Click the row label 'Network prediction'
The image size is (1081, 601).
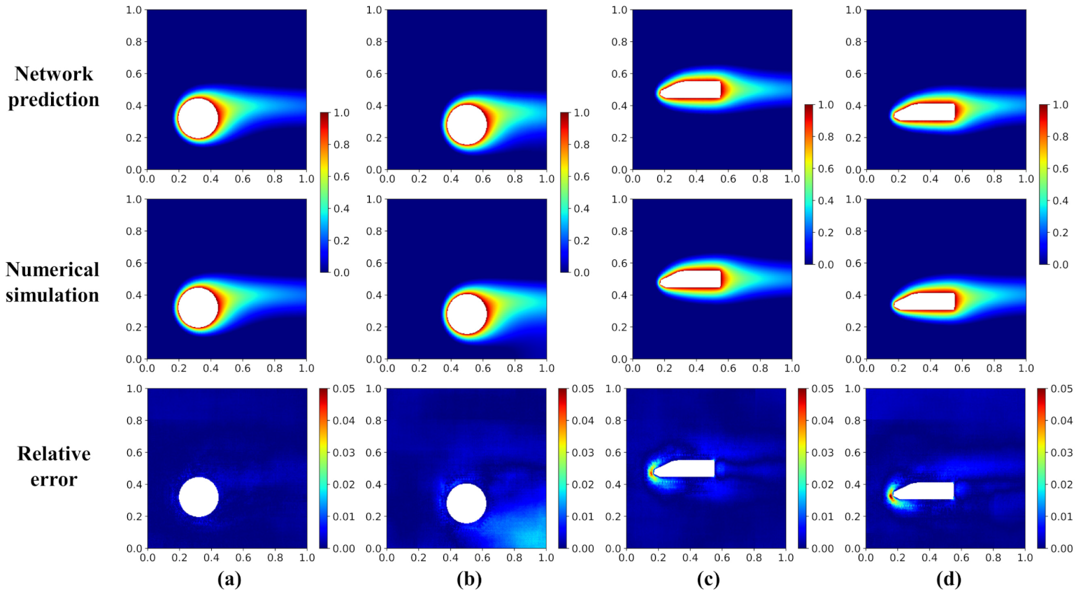[x=53, y=87]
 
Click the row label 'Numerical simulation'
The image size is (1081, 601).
[x=52, y=282]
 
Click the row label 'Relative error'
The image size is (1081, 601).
[x=53, y=466]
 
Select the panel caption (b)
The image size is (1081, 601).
[x=468, y=579]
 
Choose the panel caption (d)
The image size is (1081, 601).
[x=948, y=579]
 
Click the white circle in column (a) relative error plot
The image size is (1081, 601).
[x=199, y=497]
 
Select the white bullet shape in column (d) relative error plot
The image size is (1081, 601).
[x=926, y=491]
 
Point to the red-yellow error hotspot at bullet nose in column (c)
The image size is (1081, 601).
[x=652, y=473]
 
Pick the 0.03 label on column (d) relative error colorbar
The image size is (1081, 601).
[x=1061, y=453]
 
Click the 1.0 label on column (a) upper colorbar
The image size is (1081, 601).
[x=341, y=113]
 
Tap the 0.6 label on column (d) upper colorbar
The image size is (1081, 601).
[x=1060, y=168]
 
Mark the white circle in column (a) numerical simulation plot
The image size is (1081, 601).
[x=198, y=307]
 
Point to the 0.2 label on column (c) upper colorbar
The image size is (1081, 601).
[x=826, y=233]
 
